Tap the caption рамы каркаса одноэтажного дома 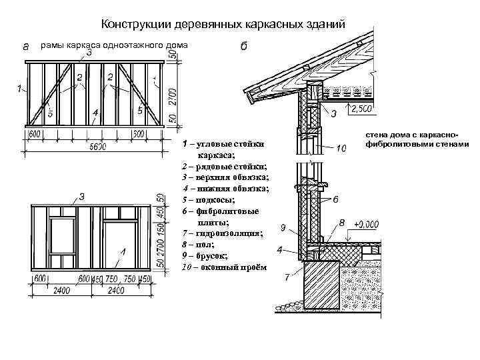pyautogui.click(x=115, y=45)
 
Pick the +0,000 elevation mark pyautogui.click(x=367, y=225)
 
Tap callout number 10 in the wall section pyautogui.click(x=341, y=148)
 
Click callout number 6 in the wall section pyautogui.click(x=335, y=199)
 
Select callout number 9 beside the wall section pyautogui.click(x=282, y=229)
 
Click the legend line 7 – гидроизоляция pyautogui.click(x=222, y=233)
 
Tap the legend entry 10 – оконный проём pyautogui.click(x=223, y=267)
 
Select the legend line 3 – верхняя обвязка pyautogui.click(x=225, y=177)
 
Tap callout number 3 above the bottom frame pyautogui.click(x=81, y=197)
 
